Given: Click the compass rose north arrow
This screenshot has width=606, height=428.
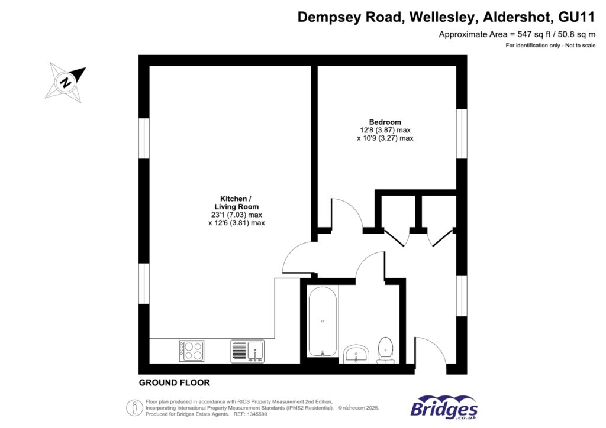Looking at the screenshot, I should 66,82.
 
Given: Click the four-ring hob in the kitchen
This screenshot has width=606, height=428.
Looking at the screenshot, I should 191,351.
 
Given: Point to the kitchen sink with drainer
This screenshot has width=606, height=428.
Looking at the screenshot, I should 247,351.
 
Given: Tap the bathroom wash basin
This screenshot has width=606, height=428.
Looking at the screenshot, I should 356,354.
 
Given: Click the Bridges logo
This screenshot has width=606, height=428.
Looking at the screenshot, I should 444,408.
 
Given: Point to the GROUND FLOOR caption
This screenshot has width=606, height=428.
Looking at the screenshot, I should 175,383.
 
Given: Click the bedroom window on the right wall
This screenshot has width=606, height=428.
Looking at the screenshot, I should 462,134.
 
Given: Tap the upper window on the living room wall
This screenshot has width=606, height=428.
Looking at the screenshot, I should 144,138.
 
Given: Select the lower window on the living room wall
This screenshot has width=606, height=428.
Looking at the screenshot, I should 144,284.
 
